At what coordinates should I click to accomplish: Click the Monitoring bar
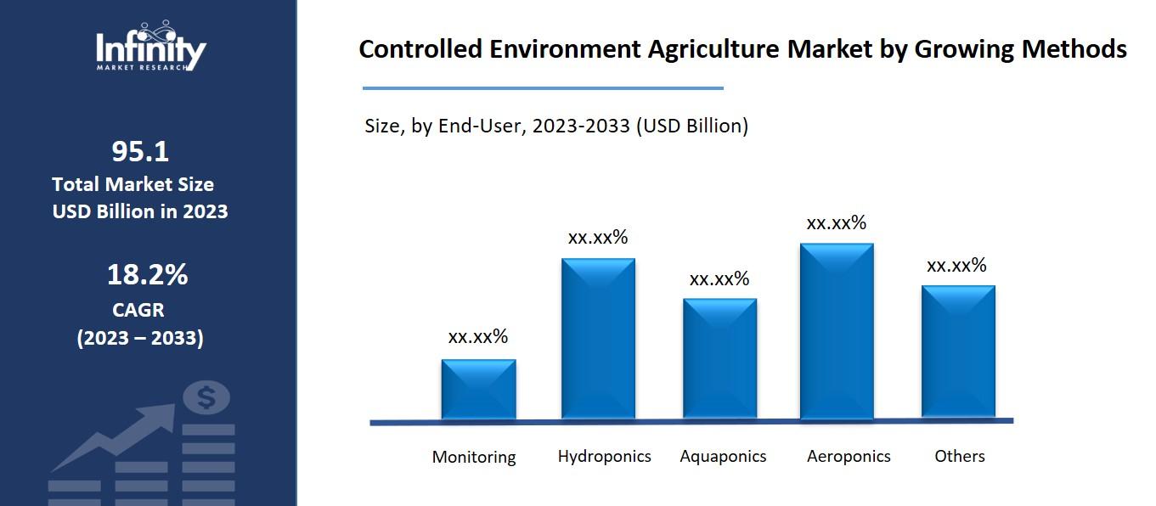pyautogui.click(x=478, y=389)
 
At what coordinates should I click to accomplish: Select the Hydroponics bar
pyautogui.click(x=598, y=338)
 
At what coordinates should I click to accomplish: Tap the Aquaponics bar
pyautogui.click(x=719, y=357)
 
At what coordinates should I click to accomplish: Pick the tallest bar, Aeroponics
pyautogui.click(x=837, y=330)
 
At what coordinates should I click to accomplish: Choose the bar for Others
pyautogui.click(x=958, y=351)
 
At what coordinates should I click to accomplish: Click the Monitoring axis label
pyautogui.click(x=474, y=457)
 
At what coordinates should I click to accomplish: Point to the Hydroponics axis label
pyautogui.click(x=604, y=456)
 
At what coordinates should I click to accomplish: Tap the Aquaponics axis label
pyautogui.click(x=723, y=456)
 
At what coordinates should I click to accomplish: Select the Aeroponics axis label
pyautogui.click(x=849, y=456)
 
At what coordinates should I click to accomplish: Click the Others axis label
pyautogui.click(x=960, y=456)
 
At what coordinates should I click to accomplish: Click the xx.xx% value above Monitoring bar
pyautogui.click(x=478, y=337)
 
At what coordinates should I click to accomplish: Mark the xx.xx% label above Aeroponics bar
pyautogui.click(x=837, y=223)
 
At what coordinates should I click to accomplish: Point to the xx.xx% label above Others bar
pyautogui.click(x=957, y=266)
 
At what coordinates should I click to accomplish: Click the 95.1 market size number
pyautogui.click(x=140, y=152)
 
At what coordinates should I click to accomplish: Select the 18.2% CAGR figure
pyautogui.click(x=147, y=275)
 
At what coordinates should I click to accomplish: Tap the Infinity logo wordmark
pyautogui.click(x=150, y=49)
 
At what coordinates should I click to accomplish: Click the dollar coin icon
pyautogui.click(x=206, y=396)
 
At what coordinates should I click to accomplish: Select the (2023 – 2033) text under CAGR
pyautogui.click(x=140, y=338)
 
